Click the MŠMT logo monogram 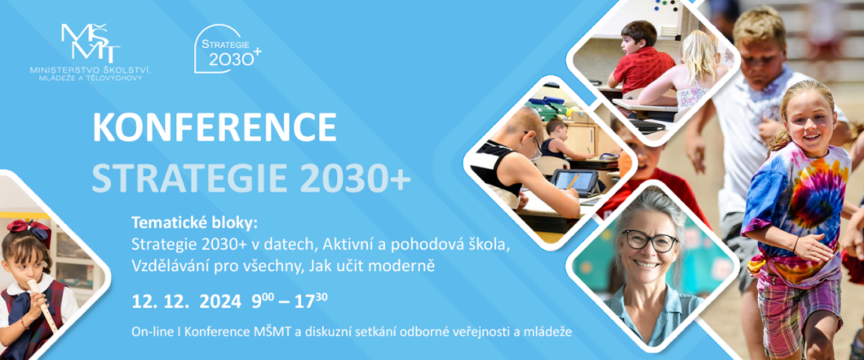[91, 43]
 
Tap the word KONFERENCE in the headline [215, 127]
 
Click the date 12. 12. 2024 [186, 301]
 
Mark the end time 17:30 [313, 300]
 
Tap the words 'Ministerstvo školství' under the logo [91, 70]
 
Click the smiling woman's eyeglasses [649, 241]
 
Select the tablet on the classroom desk [575, 181]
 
